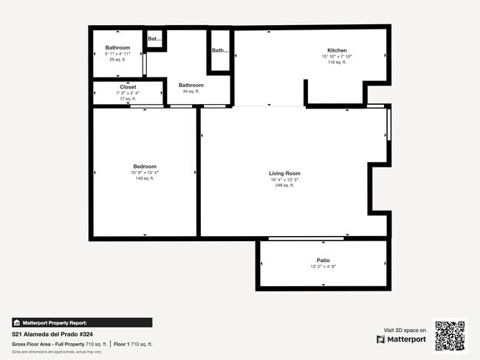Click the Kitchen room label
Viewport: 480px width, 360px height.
[337, 51]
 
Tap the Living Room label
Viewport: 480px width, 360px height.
[284, 173]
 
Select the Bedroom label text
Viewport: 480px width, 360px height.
[145, 167]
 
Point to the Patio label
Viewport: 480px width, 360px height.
[323, 260]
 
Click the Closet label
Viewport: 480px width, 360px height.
[128, 87]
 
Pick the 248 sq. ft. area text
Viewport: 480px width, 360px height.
[284, 185]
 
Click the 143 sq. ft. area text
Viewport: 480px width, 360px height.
[145, 179]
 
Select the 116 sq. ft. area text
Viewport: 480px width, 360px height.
[337, 63]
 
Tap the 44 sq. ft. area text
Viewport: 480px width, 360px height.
[191, 91]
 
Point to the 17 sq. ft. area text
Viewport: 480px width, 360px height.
[128, 99]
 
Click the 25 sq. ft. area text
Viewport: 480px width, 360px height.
[117, 60]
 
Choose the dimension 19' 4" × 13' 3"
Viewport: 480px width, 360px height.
[284, 179]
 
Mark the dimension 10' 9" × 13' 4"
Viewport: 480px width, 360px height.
[145, 173]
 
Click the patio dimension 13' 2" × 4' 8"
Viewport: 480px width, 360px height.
[323, 266]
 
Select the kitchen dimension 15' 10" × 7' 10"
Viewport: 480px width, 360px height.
[337, 57]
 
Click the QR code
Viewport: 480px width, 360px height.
[450, 335]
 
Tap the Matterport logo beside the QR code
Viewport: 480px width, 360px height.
[402, 339]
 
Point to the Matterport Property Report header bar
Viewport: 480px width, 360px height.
[82, 322]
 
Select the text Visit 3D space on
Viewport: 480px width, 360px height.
[405, 330]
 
